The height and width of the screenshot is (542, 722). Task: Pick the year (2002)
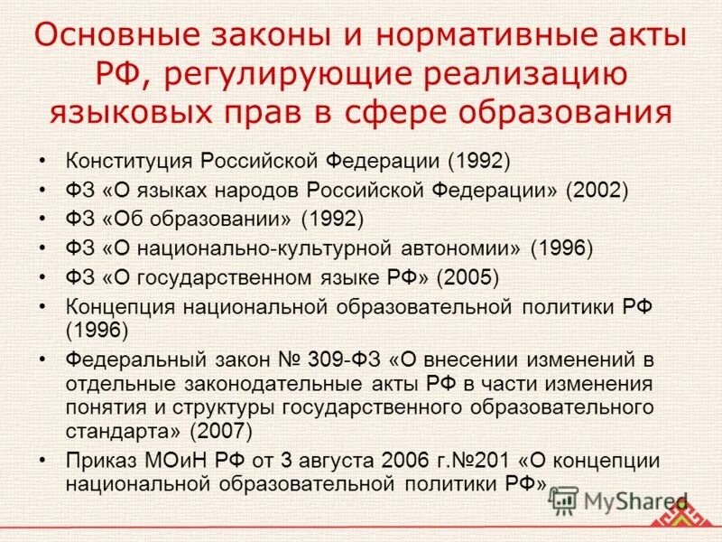click(597, 190)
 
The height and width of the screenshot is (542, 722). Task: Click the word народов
click(261, 190)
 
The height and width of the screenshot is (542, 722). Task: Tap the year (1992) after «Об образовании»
click(332, 219)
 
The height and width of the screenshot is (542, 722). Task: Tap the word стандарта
click(115, 429)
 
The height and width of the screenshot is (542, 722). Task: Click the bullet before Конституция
click(43, 162)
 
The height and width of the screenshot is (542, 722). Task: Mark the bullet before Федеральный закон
click(43, 360)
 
